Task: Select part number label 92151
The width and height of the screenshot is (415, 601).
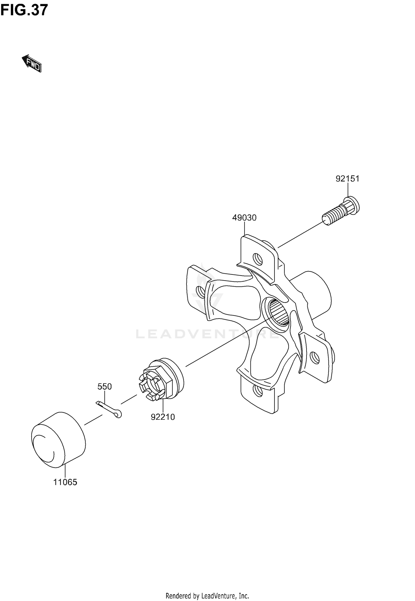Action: pyautogui.click(x=347, y=179)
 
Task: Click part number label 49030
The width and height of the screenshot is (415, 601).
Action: pyautogui.click(x=244, y=218)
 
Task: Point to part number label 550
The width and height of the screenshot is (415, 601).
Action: pyautogui.click(x=105, y=387)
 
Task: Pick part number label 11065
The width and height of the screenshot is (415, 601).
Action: pyautogui.click(x=65, y=482)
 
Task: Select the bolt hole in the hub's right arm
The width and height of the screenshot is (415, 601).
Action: pyautogui.click(x=315, y=358)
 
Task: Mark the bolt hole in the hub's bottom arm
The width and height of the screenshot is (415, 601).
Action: pyautogui.click(x=258, y=390)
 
